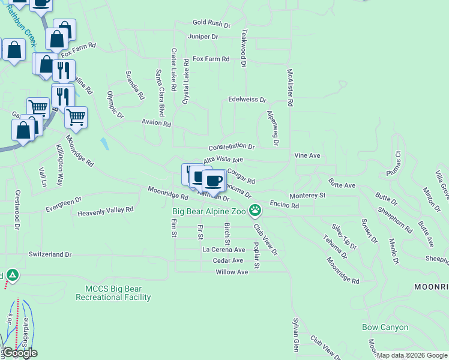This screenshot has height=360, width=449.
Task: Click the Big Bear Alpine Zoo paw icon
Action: click(x=255, y=210)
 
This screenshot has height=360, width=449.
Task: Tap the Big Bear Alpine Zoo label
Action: click(x=209, y=211)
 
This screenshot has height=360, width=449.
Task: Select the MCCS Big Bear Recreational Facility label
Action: click(x=113, y=293)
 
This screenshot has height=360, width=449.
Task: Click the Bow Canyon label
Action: click(x=385, y=328)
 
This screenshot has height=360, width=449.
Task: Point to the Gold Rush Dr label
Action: click(x=211, y=23)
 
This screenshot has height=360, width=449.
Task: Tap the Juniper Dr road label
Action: click(x=203, y=37)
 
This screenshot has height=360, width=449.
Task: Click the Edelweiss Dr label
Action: click(x=247, y=100)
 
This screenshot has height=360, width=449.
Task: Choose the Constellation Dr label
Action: click(x=231, y=147)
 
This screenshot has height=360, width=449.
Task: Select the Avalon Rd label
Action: click(x=156, y=124)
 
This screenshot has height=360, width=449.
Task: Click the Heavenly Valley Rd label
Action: click(x=105, y=211)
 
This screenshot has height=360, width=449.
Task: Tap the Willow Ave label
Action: click(x=232, y=272)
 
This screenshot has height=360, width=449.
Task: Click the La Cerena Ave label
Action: click(x=223, y=250)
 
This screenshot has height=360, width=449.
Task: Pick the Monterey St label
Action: click(x=307, y=196)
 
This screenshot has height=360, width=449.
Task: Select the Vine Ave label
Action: click(x=307, y=155)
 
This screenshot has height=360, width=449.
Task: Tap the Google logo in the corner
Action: click(x=20, y=353)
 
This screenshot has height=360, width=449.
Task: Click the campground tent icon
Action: click(x=12, y=275)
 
